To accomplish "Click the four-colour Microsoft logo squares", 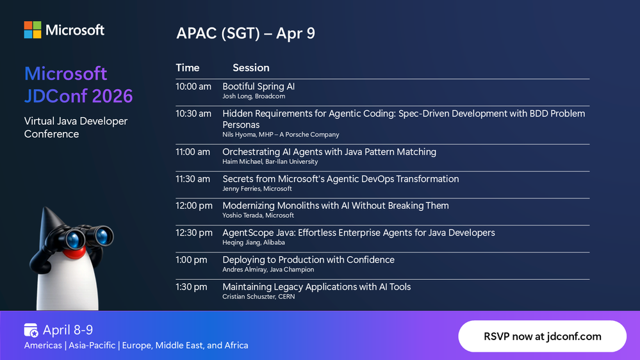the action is (33, 30).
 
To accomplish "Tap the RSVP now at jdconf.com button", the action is (542, 336).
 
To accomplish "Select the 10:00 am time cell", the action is (193, 86).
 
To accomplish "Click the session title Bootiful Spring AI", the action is (258, 86).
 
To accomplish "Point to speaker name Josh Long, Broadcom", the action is (254, 96).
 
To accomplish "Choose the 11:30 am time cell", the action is (193, 179).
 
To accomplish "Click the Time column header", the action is (187, 68).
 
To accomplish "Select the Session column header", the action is (251, 68).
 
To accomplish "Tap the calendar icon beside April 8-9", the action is (31, 330).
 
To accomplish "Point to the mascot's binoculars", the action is (87, 236).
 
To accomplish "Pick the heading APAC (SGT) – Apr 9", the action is (246, 33).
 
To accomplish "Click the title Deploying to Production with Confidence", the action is (308, 260).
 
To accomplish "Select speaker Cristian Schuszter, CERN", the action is (258, 297).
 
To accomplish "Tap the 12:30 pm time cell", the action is (194, 233).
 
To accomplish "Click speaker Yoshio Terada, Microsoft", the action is (258, 215).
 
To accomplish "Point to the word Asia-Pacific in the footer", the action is (92, 345).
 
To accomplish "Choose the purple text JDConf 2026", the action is (78, 96).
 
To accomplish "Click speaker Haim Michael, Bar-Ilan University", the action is (270, 161).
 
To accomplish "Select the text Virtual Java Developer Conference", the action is (76, 127).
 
